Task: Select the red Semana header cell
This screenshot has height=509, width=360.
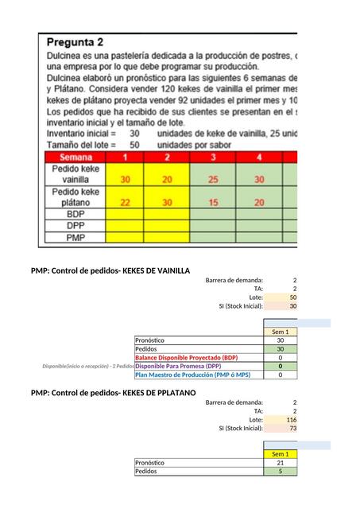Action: click(x=75, y=157)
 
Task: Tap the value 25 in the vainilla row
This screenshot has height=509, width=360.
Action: click(x=213, y=180)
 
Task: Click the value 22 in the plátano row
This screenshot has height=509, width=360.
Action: click(x=125, y=202)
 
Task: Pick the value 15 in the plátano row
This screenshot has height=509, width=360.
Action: click(x=213, y=202)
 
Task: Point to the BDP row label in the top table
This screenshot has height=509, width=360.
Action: click(x=75, y=215)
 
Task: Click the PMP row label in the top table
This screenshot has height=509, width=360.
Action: click(x=75, y=237)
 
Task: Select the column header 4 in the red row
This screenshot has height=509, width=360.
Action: click(x=259, y=157)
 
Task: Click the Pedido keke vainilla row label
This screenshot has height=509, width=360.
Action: click(x=75, y=174)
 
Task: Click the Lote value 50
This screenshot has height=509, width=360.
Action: click(x=292, y=297)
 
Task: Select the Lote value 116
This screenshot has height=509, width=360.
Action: click(x=291, y=419)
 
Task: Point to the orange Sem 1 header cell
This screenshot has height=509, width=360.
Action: click(x=281, y=332)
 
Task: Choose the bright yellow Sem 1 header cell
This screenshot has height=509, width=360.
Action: click(x=281, y=454)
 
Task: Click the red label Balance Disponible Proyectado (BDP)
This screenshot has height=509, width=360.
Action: click(x=186, y=358)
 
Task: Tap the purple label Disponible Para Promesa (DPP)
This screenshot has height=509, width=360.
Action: click(x=178, y=367)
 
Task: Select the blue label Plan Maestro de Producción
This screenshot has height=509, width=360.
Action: click(x=192, y=375)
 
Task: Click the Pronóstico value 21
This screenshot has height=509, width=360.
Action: click(x=281, y=463)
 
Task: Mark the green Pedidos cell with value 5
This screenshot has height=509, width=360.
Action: click(x=281, y=472)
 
